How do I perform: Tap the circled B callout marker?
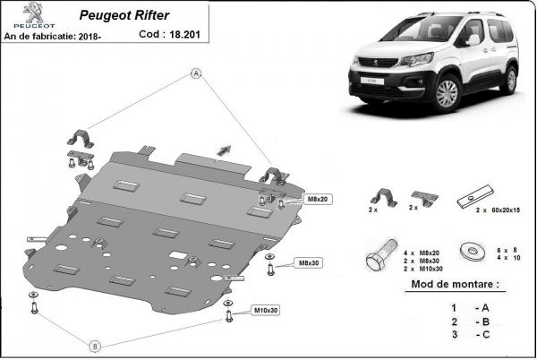tap(95, 346)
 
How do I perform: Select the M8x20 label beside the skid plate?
tap(319, 198)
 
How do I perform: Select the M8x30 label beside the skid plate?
tap(309, 262)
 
